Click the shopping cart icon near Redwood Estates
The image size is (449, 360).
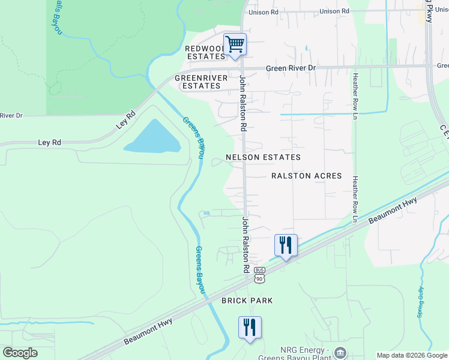click(x=235, y=44)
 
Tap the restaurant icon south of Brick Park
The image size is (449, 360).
click(x=250, y=327)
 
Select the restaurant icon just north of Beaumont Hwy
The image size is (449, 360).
click(x=286, y=245)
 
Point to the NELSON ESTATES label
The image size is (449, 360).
click(x=263, y=157)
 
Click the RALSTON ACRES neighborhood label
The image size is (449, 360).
click(x=306, y=176)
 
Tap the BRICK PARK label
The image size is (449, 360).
click(x=247, y=300)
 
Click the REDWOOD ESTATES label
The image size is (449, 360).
click(x=205, y=52)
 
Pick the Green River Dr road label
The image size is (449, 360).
click(x=291, y=68)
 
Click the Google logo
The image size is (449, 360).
click(x=20, y=353)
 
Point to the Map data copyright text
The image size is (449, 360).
click(x=411, y=355)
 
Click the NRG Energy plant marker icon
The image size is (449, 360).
click(x=340, y=352)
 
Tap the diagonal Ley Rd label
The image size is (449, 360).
click(x=126, y=121)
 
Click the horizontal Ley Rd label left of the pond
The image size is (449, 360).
click(x=50, y=143)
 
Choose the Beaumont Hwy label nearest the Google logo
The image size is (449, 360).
click(x=148, y=331)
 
